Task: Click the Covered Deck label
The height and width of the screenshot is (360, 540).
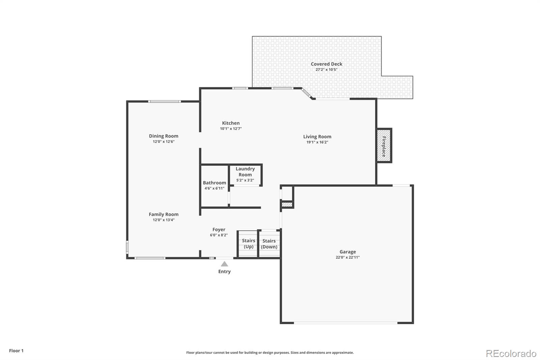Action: (326, 64)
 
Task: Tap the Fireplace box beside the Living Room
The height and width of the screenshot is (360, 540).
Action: (384, 146)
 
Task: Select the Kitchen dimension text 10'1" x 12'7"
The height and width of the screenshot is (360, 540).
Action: (231, 129)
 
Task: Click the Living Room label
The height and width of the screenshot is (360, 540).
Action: (317, 136)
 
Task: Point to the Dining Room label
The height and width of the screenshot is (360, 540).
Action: (163, 136)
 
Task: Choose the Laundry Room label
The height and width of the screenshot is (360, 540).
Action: (245, 172)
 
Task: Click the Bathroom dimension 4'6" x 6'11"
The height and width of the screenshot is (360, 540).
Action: (214, 188)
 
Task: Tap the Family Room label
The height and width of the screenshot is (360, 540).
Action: (163, 214)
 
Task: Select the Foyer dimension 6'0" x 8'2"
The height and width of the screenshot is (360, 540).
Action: (219, 235)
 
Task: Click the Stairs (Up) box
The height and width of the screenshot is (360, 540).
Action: (248, 244)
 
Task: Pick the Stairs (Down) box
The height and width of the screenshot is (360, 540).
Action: (269, 244)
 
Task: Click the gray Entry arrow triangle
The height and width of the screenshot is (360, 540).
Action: (224, 264)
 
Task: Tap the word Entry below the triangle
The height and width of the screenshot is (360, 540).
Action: (224, 272)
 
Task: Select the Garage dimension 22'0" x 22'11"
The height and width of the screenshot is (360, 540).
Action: (348, 257)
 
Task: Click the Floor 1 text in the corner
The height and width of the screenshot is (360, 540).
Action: (16, 351)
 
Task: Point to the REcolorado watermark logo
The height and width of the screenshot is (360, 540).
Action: (511, 353)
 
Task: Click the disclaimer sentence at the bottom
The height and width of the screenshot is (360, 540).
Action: (270, 353)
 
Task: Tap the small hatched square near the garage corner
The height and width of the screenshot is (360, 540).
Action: (287, 205)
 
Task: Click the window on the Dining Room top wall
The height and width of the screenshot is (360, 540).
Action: (164, 101)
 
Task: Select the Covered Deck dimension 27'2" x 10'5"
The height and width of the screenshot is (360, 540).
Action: (326, 70)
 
